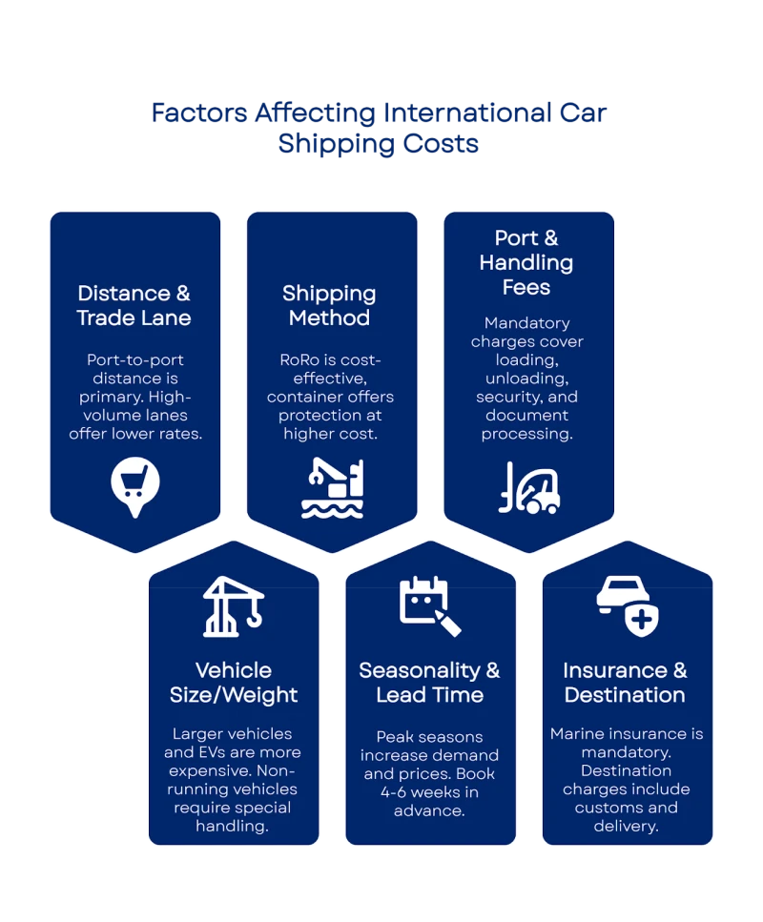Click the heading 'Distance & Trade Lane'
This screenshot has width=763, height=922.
tap(134, 305)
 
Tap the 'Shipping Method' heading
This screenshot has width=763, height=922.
tap(329, 305)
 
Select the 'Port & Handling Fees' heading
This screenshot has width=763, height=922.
tap(526, 262)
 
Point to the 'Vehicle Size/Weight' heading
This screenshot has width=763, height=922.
tap(234, 683)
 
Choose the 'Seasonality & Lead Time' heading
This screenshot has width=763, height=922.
tap(429, 683)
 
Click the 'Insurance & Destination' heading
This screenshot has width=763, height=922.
tap(625, 683)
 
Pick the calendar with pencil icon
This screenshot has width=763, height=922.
tap(430, 606)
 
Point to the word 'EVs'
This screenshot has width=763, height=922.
tap(216, 752)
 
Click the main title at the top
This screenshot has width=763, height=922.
tap(381, 130)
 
